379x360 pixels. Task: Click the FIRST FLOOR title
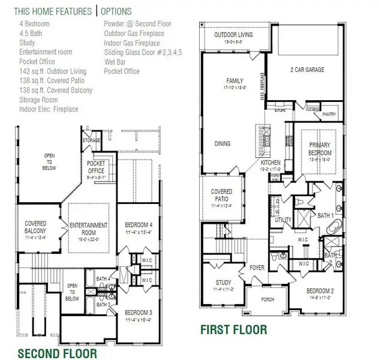click(233, 329)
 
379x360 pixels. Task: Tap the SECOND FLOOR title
click(57, 353)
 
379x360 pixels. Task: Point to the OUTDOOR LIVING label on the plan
click(233, 35)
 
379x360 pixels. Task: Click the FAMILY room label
click(234, 80)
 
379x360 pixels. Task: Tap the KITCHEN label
click(270, 163)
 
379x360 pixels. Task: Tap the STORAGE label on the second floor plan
click(91, 141)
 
